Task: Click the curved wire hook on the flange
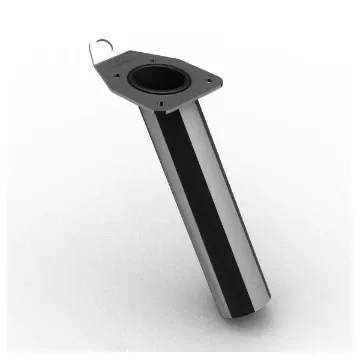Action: [x=101, y=46]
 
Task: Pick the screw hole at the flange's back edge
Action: [x=171, y=55]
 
